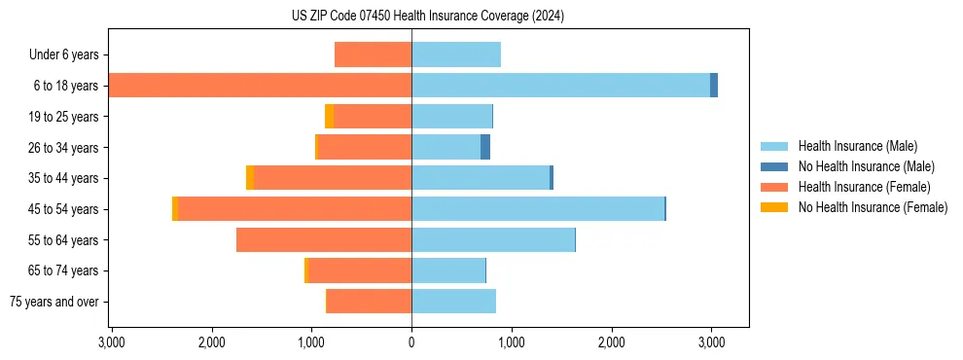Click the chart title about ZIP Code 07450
coord(427,17)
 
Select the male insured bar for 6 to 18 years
coord(560,86)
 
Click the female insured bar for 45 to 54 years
coord(295,209)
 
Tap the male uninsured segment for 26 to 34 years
coord(485,148)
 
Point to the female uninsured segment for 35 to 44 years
coord(250,178)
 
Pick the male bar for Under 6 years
coord(456,54)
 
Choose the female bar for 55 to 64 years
coord(324,240)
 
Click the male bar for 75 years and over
coord(453,302)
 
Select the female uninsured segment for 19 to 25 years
coord(330,117)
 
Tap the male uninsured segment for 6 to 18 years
coord(714,86)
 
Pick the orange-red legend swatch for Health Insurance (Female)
coord(774,187)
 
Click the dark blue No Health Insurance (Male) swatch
coord(774,166)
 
